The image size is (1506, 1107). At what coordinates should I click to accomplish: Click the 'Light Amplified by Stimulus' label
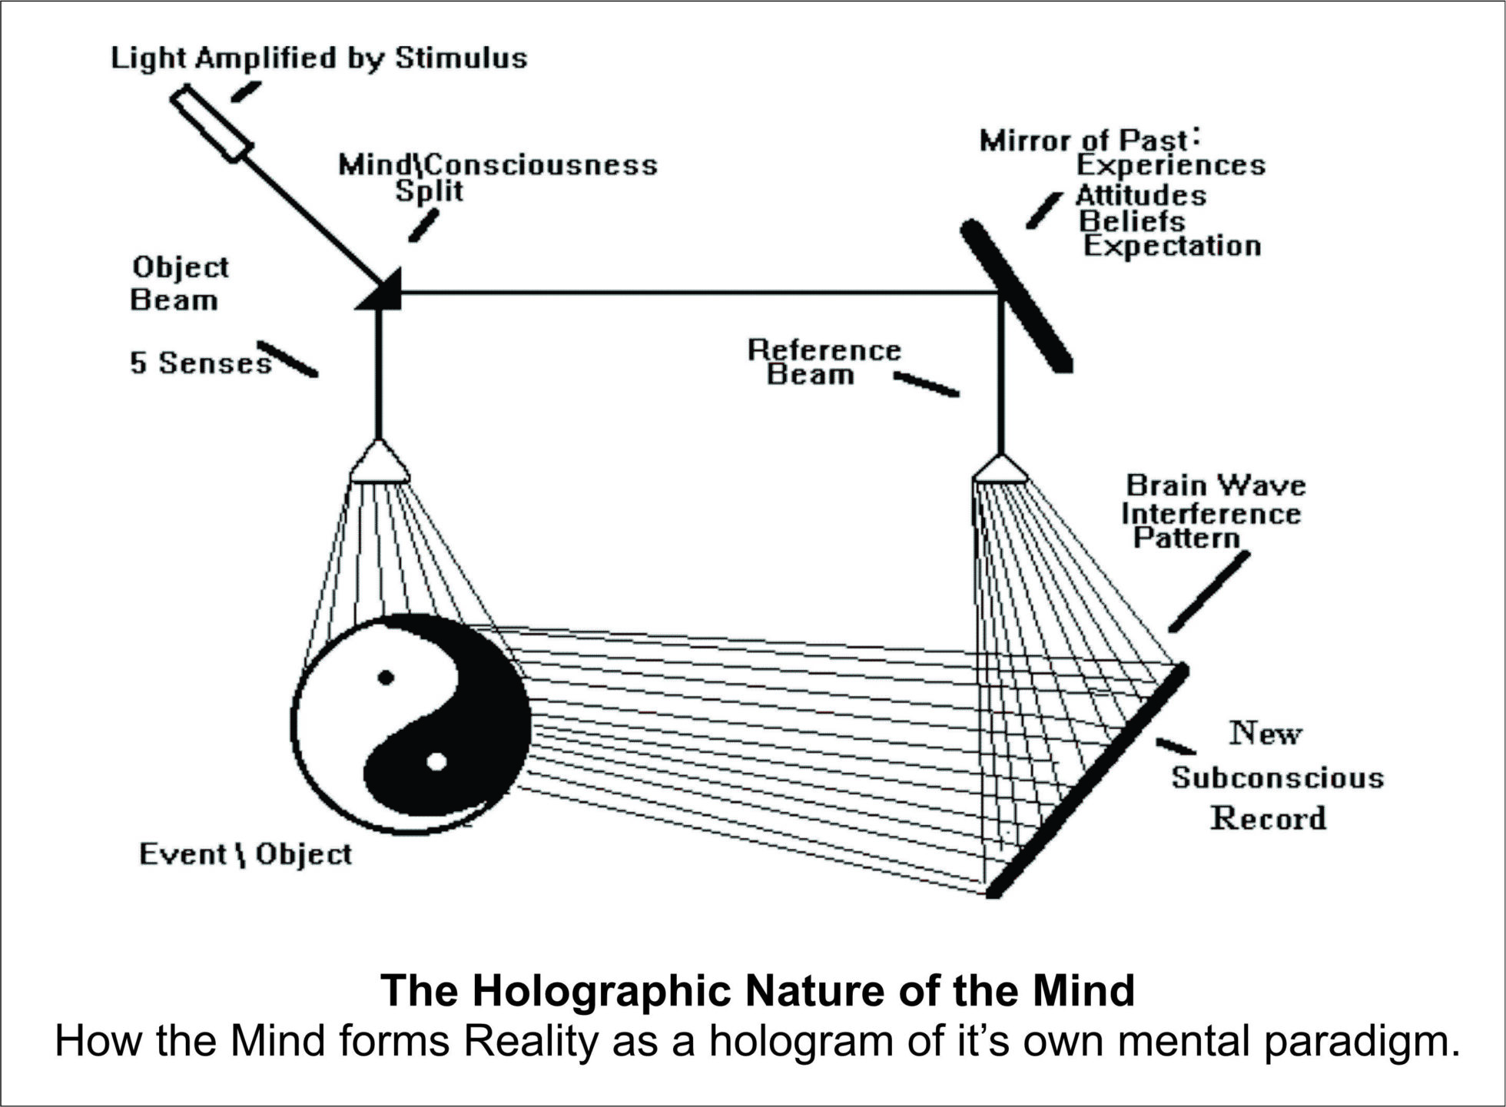pos(319,59)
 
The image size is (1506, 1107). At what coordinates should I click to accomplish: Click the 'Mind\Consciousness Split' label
pos(497,177)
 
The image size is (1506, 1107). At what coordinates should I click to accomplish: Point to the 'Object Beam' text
pos(179,283)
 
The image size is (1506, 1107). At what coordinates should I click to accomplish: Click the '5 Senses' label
pos(200,363)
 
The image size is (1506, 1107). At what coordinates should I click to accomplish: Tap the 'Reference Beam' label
pos(823,362)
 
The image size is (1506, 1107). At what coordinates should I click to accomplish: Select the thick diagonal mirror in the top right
pos(1016,296)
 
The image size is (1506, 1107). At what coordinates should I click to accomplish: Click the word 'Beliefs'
pos(1132,221)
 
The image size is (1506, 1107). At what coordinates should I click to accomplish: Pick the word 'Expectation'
pos(1172,247)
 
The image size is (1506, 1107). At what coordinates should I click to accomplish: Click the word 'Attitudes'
pos(1140,195)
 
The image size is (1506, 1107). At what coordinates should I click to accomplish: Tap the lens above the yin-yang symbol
pos(379,463)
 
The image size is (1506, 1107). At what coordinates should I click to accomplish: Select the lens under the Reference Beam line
pos(1000,469)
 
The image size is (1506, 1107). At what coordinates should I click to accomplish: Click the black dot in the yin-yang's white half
pos(386,678)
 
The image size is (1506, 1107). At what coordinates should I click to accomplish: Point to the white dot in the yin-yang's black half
pos(436,761)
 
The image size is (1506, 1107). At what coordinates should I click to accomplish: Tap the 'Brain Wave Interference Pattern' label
pos(1212,512)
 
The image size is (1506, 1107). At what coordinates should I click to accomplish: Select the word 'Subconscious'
pos(1277,777)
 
